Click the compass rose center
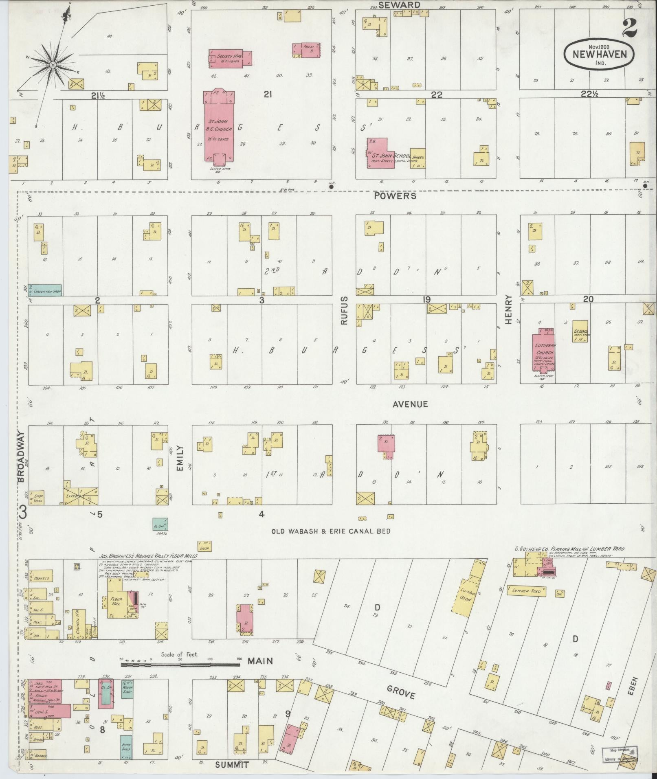click(53, 65)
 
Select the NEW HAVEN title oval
click(600, 55)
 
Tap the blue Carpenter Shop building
click(45, 290)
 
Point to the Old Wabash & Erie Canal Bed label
click(331, 531)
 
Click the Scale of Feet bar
click(180, 664)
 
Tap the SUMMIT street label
click(232, 765)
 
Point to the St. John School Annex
click(418, 158)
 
